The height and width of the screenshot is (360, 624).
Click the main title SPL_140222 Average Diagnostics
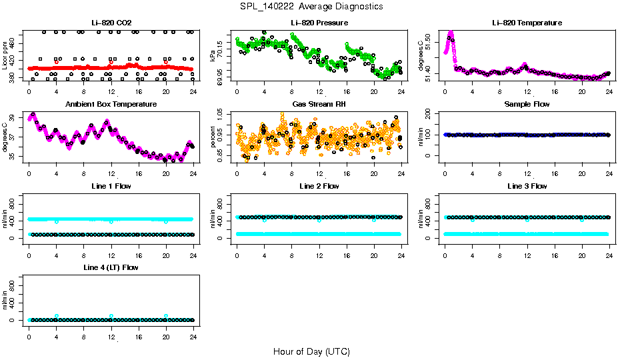(312, 6)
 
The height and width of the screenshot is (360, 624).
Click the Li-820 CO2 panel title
(111, 23)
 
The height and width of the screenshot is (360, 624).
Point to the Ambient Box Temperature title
(111, 104)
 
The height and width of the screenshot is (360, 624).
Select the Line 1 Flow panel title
(111, 186)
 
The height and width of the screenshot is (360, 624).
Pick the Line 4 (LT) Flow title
(111, 267)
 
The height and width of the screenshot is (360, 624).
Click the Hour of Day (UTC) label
(311, 351)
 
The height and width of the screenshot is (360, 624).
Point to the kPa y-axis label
(213, 56)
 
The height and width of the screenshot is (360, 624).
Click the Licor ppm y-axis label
(5, 56)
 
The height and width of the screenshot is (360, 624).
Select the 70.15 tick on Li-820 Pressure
(219, 47)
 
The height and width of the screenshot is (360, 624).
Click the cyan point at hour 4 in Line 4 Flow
(57, 316)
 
